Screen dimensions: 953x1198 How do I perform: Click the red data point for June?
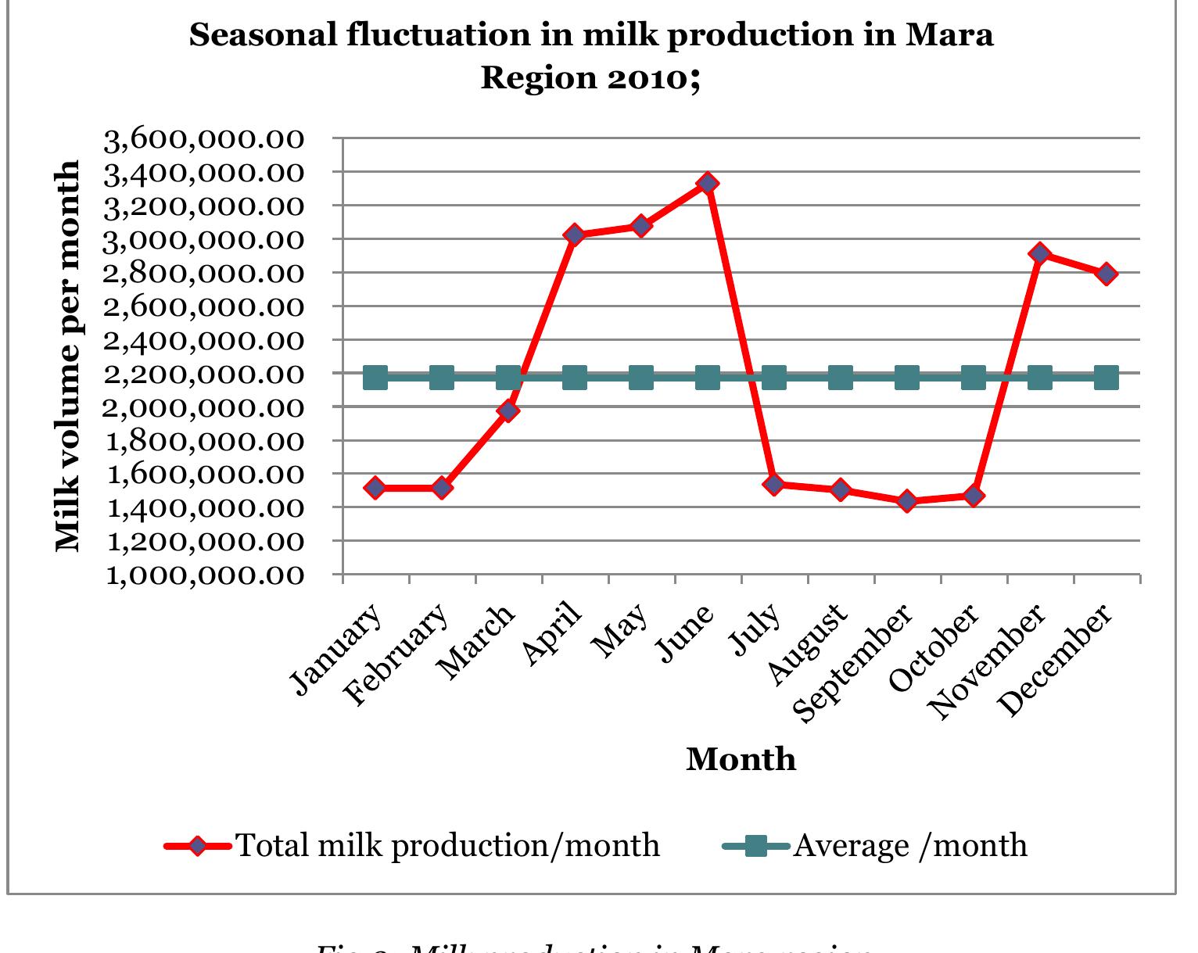[707, 184]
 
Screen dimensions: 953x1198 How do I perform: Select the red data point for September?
[907, 501]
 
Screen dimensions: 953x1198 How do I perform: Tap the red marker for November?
[1039, 253]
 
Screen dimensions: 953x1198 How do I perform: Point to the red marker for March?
[508, 410]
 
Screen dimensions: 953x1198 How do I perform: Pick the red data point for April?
[574, 235]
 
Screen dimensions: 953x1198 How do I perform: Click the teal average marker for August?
[841, 378]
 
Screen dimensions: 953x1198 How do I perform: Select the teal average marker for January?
[375, 378]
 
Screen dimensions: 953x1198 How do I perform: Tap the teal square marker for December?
[1106, 378]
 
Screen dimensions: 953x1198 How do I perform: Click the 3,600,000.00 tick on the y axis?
[203, 140]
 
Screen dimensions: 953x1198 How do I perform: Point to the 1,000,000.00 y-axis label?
[203, 575]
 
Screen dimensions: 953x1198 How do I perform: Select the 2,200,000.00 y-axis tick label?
[203, 374]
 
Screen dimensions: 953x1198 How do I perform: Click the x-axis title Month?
[741, 760]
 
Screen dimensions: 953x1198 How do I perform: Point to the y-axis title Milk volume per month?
[69, 356]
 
